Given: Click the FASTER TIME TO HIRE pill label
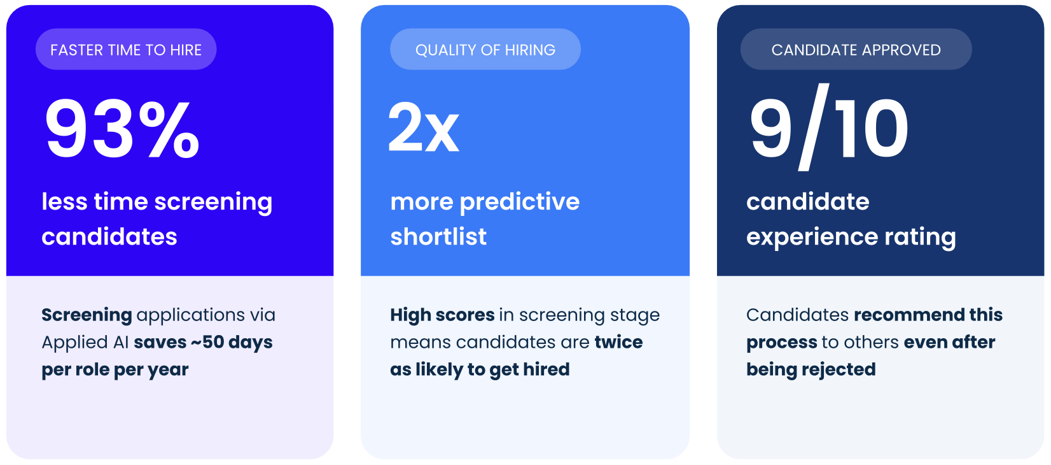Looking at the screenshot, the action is tap(126, 50).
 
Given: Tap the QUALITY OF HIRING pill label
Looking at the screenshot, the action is tap(485, 50).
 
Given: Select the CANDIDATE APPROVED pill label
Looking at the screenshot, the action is tap(856, 50).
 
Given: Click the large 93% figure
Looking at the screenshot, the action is tap(122, 129).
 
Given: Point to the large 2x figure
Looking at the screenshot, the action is tap(424, 127).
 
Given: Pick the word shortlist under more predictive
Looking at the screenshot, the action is tap(438, 236).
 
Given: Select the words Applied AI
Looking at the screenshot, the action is tap(85, 343).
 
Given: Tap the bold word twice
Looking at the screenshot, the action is tap(618, 342).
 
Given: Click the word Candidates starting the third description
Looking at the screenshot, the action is tap(798, 315).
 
